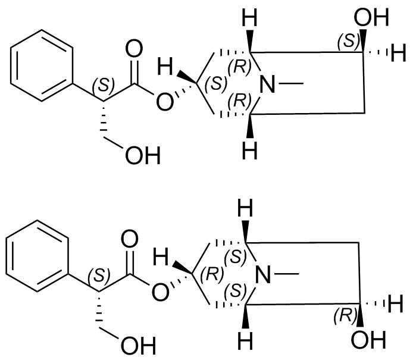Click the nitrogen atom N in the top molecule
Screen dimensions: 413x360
(267, 84)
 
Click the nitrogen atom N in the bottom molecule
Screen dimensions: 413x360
(263, 274)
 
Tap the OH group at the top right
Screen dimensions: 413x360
(371, 17)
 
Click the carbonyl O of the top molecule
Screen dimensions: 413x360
(134, 49)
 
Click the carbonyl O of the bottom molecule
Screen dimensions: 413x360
(130, 239)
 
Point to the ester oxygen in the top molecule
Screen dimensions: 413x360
(165, 102)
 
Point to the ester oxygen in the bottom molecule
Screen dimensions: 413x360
(161, 292)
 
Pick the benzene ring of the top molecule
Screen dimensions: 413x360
(41, 65)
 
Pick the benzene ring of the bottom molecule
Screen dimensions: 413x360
(37, 256)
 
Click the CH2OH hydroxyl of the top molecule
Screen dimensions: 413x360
(143, 155)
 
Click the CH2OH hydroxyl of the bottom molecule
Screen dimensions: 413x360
(139, 346)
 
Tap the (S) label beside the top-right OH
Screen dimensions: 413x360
(349, 41)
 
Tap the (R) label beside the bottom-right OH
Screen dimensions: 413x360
(345, 315)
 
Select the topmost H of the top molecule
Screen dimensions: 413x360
(249, 17)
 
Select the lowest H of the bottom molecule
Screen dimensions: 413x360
(245, 340)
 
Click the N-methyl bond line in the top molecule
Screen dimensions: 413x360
(291, 84)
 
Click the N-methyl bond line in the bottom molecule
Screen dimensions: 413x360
(287, 274)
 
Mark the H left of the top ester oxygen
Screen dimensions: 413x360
(165, 67)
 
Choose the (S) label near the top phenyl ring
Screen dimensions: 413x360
(104, 85)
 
